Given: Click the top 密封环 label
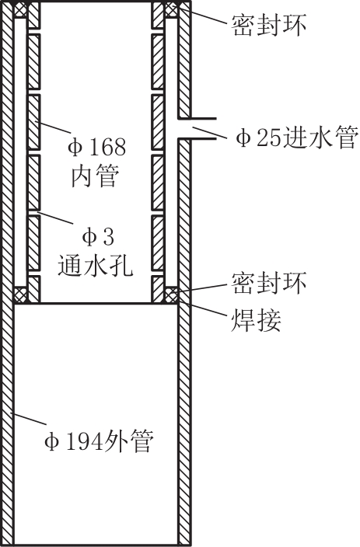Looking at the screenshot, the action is tap(267, 24).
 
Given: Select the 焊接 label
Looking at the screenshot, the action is tap(256, 320).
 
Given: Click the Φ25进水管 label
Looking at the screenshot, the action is tap(297, 136).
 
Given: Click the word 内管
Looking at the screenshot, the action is tap(95, 176).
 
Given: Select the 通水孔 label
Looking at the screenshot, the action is tap(95, 265).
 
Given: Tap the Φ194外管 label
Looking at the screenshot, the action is tap(99, 441).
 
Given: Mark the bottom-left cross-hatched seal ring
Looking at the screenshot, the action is tap(20, 294).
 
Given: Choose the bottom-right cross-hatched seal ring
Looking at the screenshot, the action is tap(171, 294).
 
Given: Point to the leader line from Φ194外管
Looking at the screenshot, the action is tap(30, 419).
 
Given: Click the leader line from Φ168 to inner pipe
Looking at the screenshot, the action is tap(53, 127).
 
